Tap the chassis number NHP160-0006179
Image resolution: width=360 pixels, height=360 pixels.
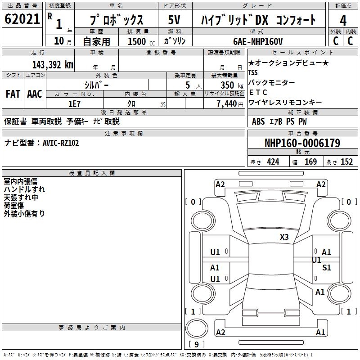(x=302, y=143)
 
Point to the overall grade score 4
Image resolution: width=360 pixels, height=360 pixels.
(x=343, y=20)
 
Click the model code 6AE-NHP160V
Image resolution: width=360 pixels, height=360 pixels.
(x=258, y=41)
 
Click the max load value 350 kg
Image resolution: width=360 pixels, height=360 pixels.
(x=227, y=85)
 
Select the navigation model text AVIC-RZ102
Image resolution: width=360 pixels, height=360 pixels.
(x=61, y=143)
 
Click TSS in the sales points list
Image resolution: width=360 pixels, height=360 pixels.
(x=253, y=72)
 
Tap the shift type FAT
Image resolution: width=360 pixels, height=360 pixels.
(x=13, y=94)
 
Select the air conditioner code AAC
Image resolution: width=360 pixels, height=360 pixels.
(x=35, y=94)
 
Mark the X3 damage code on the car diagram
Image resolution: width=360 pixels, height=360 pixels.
(x=284, y=237)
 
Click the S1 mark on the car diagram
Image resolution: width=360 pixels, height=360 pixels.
(x=326, y=268)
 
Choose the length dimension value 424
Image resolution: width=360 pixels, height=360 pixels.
(x=273, y=162)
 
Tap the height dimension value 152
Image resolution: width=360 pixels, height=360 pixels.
(x=346, y=162)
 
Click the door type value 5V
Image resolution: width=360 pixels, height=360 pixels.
(x=174, y=20)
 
